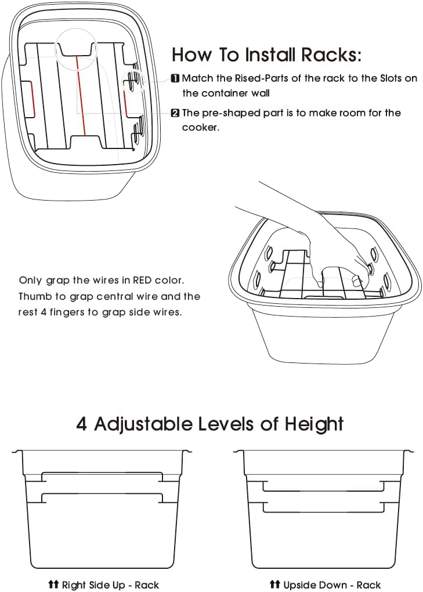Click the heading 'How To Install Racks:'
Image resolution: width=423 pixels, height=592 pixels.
coord(266,55)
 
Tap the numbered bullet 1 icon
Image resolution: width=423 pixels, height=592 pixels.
coord(175,78)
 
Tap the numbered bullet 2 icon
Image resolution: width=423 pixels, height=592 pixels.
coord(175,113)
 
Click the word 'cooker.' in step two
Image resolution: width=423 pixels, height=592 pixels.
coord(200,128)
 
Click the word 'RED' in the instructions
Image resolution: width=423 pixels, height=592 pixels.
coord(144,281)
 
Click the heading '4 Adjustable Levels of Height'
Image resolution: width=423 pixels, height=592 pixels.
coord(210,424)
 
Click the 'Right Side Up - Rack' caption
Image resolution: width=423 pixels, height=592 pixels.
coord(110,585)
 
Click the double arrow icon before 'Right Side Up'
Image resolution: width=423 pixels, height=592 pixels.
coord(53,585)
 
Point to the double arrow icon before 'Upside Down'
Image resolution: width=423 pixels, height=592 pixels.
coord(275,585)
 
